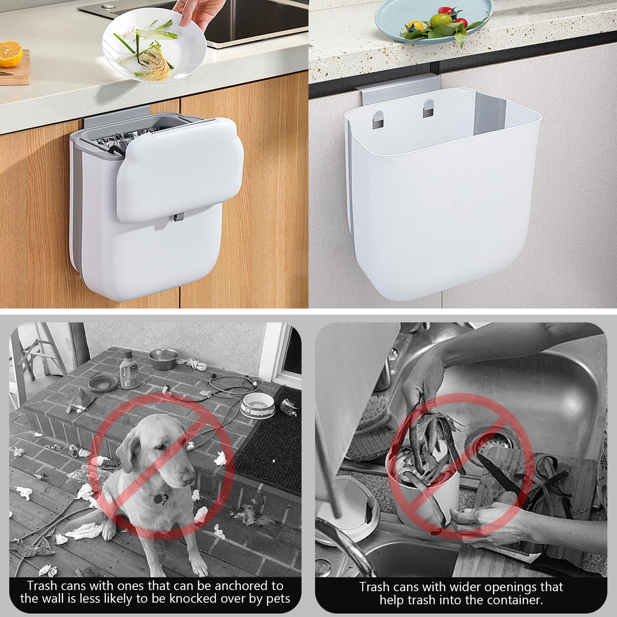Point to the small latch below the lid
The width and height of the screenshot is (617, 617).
coord(177,218)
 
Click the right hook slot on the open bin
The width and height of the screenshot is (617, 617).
coord(428,108)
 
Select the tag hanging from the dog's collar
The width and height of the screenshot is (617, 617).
coord(158,498)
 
